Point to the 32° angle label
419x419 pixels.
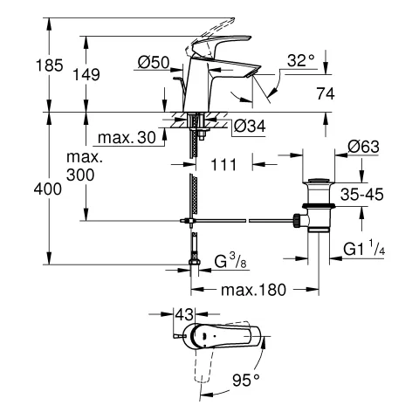coord(300,60)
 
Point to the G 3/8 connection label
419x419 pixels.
coord(235,261)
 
